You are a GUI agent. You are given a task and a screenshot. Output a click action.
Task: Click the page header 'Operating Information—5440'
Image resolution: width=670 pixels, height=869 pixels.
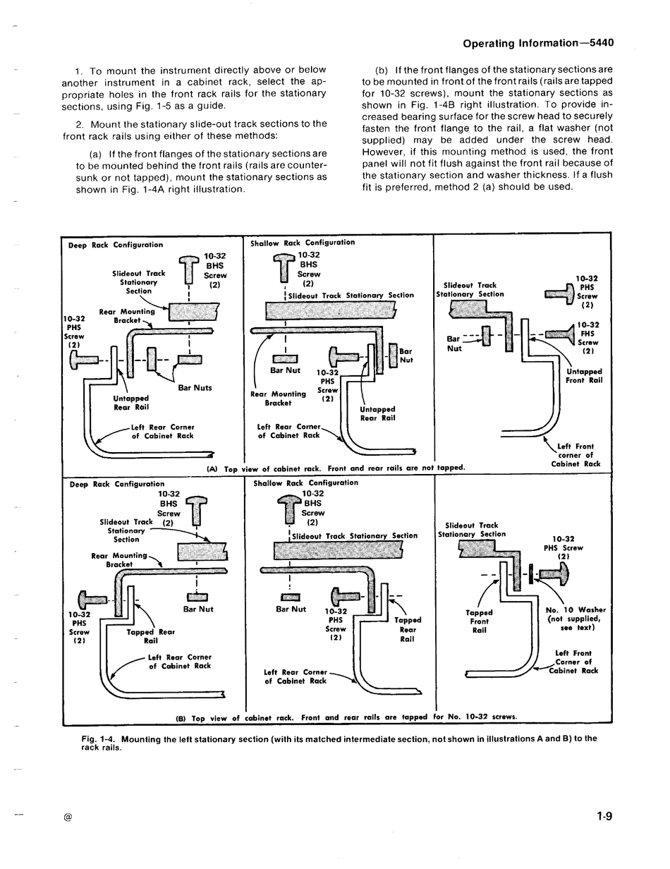coord(538,43)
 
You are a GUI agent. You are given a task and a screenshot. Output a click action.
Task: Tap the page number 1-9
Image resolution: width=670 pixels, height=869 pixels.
coord(604,816)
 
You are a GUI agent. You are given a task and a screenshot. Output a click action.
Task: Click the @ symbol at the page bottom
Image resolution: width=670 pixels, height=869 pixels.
coord(68,818)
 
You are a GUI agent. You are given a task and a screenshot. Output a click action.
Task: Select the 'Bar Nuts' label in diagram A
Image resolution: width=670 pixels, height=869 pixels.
coord(195,387)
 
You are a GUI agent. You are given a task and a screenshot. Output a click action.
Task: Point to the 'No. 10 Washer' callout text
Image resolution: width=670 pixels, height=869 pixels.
coord(575,610)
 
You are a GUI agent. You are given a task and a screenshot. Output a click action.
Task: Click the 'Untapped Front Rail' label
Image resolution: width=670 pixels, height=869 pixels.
coord(584,376)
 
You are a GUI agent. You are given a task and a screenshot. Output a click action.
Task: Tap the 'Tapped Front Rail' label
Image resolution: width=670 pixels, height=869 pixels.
coord(480,621)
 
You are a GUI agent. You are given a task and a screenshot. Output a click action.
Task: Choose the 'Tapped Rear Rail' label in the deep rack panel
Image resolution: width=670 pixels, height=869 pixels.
coord(151,636)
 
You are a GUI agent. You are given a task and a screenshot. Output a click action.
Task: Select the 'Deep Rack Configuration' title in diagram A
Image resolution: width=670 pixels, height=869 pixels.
coord(116,245)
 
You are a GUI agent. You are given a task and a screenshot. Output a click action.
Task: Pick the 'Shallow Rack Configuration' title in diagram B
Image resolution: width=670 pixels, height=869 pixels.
coord(306,482)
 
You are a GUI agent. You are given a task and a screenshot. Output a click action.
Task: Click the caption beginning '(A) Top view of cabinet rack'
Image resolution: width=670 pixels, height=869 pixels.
coord(336,468)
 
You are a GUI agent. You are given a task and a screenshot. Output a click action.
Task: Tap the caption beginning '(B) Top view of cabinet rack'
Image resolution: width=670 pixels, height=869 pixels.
coord(346,717)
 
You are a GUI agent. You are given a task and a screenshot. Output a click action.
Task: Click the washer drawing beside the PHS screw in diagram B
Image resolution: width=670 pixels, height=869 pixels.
coord(531,573)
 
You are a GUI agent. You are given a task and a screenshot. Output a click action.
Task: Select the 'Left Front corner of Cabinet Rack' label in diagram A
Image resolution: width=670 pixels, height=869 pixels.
coord(576,455)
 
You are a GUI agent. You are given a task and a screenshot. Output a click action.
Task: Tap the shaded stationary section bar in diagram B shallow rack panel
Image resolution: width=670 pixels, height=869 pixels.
coord(339,550)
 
